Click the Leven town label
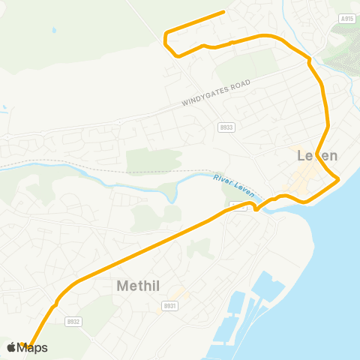click(x=317, y=156)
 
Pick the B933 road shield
click(x=226, y=127)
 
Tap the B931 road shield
click(x=169, y=306)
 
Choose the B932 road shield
click(x=73, y=320)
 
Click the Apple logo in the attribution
click(x=11, y=347)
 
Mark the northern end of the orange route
click(x=224, y=12)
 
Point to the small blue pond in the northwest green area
click(x=54, y=31)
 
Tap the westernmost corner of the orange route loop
click(x=166, y=34)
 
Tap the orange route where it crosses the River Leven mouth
click(x=257, y=208)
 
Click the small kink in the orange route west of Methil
click(x=55, y=305)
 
